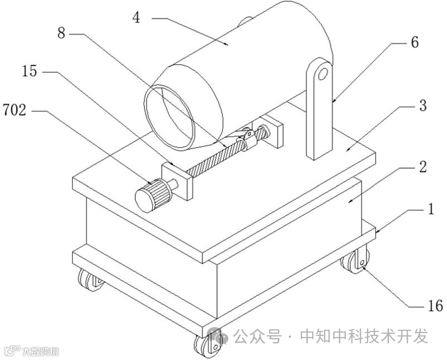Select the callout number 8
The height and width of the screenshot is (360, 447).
point(62,34)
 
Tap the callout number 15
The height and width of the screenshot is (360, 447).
point(31,72)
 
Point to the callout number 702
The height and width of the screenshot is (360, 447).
point(14,110)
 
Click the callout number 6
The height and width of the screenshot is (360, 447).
point(414,42)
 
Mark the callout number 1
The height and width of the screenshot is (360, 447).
point(431,210)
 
